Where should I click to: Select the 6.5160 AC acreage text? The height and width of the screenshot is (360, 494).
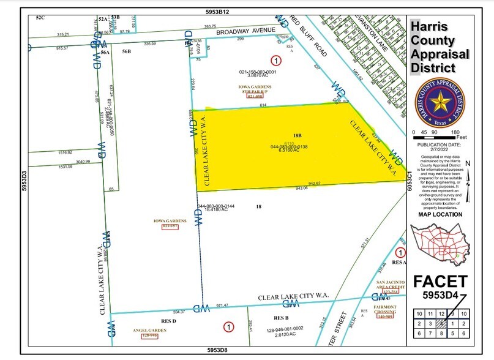(x=289, y=151)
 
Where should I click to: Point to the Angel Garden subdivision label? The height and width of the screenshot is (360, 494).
(x=149, y=330)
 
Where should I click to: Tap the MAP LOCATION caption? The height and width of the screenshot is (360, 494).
(x=440, y=214)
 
